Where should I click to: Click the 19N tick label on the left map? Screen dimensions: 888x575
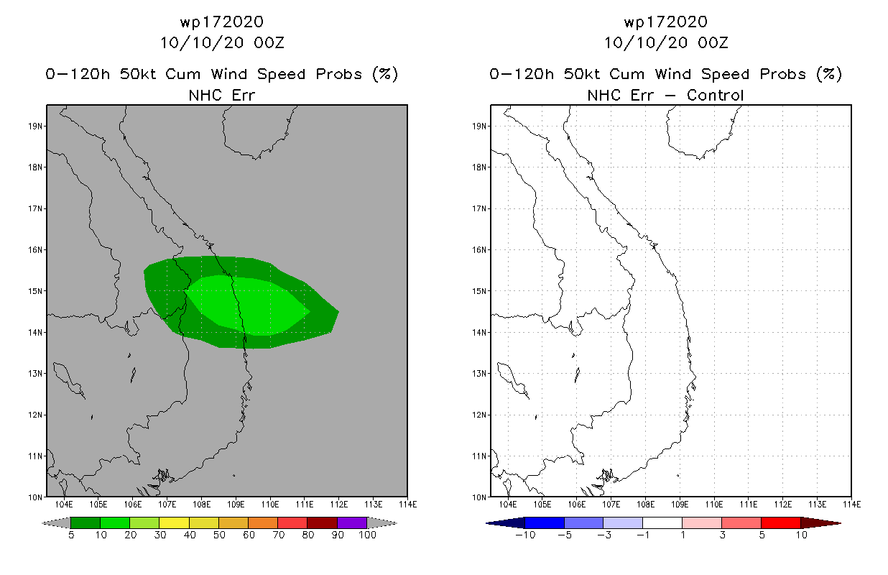click(x=35, y=126)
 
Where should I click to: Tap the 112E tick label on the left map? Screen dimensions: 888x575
click(x=339, y=505)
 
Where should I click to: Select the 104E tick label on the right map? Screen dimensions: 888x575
click(x=508, y=505)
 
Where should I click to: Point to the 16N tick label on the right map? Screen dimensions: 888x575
click(x=479, y=250)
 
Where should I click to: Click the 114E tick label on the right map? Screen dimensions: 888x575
click(x=852, y=505)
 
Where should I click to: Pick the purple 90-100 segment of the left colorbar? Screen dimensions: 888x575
click(x=352, y=523)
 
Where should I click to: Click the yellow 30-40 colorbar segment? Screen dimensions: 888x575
click(x=175, y=523)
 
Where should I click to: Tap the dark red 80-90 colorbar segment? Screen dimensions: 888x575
click(x=323, y=523)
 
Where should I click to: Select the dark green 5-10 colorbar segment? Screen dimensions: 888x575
click(x=85, y=523)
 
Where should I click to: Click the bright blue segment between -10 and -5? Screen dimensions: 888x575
click(x=545, y=523)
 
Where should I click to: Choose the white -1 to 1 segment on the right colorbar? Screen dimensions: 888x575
click(x=662, y=523)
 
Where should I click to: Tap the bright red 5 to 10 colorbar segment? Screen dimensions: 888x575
click(x=780, y=523)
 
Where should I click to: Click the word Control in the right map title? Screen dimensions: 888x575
click(x=715, y=95)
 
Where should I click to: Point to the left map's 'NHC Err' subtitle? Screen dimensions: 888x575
click(x=222, y=95)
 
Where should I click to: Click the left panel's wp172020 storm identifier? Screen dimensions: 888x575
click(x=222, y=22)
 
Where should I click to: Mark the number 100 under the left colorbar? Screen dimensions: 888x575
click(x=368, y=535)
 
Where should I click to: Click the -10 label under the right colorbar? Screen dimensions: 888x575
click(x=525, y=535)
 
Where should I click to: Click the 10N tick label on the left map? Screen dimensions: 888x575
click(x=35, y=497)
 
